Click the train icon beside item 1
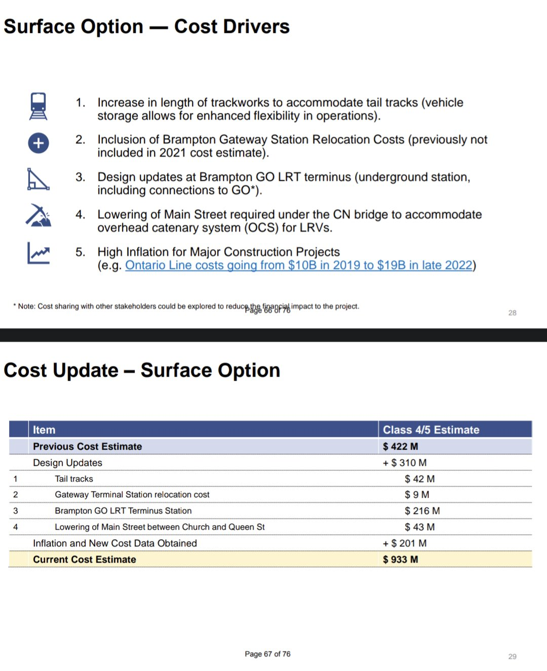38,106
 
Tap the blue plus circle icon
38,143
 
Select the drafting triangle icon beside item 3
38,179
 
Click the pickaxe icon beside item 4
38,215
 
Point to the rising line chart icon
38,253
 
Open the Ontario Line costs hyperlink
299,265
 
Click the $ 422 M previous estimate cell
400,447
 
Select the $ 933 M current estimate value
400,560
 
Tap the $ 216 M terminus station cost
422,511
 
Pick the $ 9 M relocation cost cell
417,495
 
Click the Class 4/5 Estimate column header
431,430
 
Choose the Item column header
44,430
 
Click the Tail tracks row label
74,479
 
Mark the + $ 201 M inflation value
405,543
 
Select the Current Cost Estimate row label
85,560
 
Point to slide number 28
512,313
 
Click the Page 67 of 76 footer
267,654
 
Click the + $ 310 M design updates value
405,463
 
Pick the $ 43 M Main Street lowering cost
419,527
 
